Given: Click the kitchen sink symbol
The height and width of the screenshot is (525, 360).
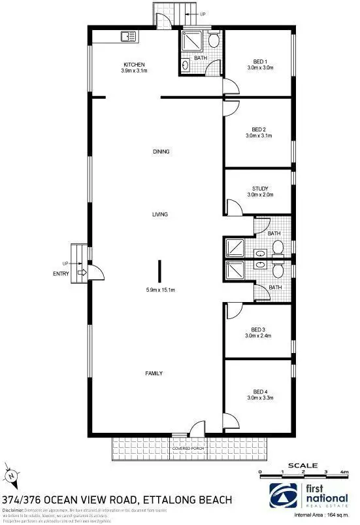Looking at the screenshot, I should pyautogui.click(x=126, y=38).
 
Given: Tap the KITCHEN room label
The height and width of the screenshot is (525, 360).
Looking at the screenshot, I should pyautogui.click(x=133, y=64).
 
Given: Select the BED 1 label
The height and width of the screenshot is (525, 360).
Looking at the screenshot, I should pyautogui.click(x=259, y=61).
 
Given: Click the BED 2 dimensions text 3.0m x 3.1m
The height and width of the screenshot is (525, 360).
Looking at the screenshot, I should pyautogui.click(x=259, y=136).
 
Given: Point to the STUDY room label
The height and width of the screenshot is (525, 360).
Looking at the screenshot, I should pyautogui.click(x=259, y=188).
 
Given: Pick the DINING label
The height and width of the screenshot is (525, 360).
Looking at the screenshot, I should pyautogui.click(x=161, y=152).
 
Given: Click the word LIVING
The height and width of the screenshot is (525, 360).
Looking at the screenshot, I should pyautogui.click(x=160, y=214).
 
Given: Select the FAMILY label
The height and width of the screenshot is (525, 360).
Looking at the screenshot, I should pyautogui.click(x=154, y=373).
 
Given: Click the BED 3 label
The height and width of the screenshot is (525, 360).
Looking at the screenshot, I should pyautogui.click(x=259, y=330).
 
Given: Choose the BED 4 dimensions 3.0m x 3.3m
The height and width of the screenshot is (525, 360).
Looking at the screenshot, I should pyautogui.click(x=259, y=398).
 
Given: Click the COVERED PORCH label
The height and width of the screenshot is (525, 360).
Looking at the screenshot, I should pyautogui.click(x=189, y=449).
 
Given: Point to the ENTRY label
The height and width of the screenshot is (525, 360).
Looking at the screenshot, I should pyautogui.click(x=61, y=273).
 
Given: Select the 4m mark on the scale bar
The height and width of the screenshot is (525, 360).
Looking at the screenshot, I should pyautogui.click(x=344, y=471).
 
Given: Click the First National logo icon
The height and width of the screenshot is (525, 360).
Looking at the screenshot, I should pyautogui.click(x=282, y=493).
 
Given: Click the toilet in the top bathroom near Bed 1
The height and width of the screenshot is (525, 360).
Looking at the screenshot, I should pyautogui.click(x=214, y=41).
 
